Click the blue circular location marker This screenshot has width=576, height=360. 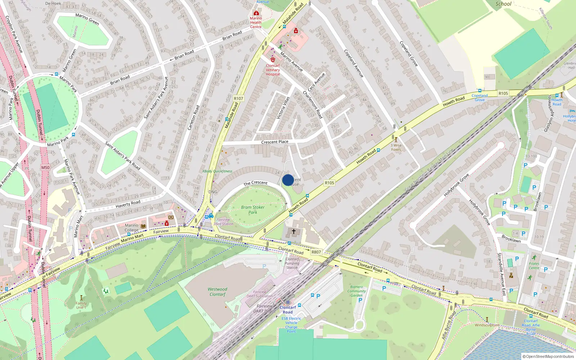click(288, 180)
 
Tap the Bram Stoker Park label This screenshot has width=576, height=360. click(253, 210)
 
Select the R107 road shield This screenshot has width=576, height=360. click(238, 98)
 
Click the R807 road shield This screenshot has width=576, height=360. click(316, 252)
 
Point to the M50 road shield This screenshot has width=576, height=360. click(45, 167)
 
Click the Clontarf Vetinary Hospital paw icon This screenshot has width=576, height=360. click(273, 60)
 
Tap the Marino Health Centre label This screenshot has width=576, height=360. click(256, 22)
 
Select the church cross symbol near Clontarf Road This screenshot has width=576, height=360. click(294, 231)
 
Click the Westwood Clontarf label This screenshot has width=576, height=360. click(217, 292)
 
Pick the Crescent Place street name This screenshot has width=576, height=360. click(275, 142)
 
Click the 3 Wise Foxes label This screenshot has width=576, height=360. click(396, 147)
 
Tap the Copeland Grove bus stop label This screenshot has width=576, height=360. click(480, 98)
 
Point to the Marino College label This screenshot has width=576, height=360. click(131, 228)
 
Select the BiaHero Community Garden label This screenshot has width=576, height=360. click(356, 291)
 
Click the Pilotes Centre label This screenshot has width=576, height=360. click(534, 266)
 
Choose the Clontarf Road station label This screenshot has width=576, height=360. click(288, 310)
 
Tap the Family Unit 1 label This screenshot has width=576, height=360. click(81, 305)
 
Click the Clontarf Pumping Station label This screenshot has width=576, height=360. click(292, 263)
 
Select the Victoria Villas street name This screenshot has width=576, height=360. click(283, 108)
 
